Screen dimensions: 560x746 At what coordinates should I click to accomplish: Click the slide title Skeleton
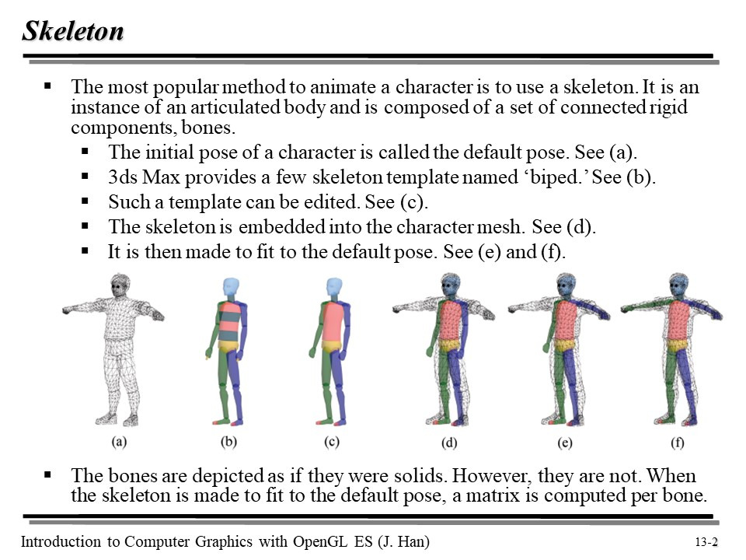point(72,31)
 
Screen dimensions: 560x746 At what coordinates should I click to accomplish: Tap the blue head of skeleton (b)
point(230,289)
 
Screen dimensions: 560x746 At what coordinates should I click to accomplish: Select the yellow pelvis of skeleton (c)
point(332,346)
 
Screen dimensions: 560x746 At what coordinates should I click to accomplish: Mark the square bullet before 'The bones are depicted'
point(48,474)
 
